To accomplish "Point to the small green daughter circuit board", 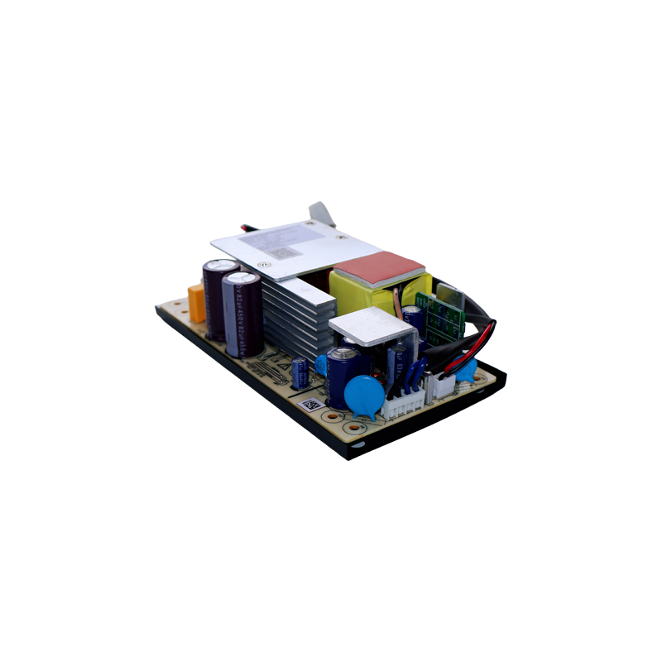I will coord(439,314).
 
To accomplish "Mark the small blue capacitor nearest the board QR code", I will coord(300,372).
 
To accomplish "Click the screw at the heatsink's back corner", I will coord(265,264).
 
